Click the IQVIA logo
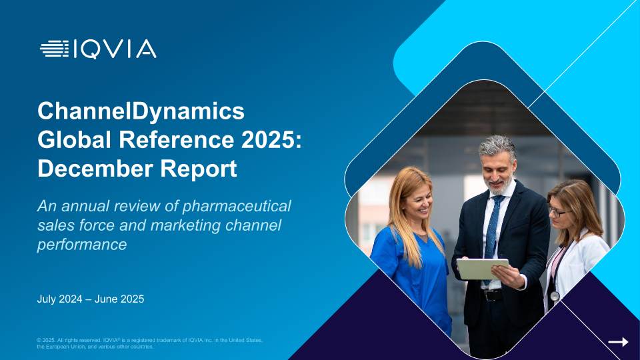click(98, 49)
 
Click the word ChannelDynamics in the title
click(141, 111)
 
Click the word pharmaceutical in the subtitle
click(237, 206)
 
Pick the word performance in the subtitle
click(82, 245)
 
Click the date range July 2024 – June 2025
click(91, 299)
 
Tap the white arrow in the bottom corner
click(619, 342)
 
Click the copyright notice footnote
click(150, 343)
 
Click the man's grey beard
click(501, 186)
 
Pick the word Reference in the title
click(176, 139)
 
